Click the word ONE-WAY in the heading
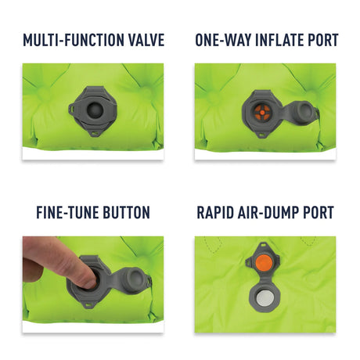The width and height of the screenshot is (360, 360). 223,40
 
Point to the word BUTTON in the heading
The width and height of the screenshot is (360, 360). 126,212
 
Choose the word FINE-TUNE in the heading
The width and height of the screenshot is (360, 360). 67,212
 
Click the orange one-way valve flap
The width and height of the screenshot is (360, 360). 261,113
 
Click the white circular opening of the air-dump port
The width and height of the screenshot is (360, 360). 264,298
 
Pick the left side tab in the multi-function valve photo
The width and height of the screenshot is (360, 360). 72,108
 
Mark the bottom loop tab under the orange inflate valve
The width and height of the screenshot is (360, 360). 261,135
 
